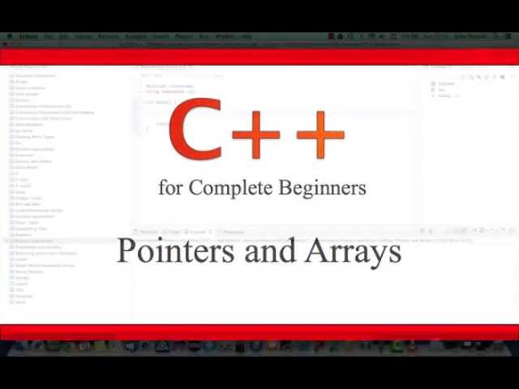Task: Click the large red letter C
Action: pos(195,130)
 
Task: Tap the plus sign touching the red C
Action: pos(257,135)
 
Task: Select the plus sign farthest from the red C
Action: pos(320,135)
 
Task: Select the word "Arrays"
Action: pos(354,252)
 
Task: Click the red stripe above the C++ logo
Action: pos(259,57)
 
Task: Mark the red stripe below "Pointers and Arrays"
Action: pos(259,332)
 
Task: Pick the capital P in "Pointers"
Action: pos(127,251)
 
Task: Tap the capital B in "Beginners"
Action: pos(285,188)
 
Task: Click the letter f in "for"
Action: pos(163,187)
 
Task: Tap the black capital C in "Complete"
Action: pos(195,188)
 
